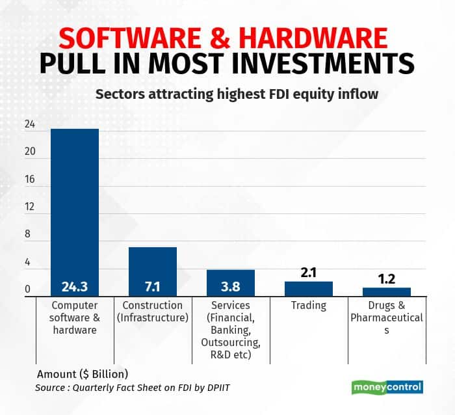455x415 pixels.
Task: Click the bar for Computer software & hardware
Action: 75,208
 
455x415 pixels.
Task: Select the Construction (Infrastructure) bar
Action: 153,270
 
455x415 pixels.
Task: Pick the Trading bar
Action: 309,289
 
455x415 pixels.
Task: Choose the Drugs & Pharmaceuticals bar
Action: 387,292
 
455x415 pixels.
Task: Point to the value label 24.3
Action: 75,287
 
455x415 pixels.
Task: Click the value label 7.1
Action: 153,287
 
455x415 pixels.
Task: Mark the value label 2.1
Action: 309,273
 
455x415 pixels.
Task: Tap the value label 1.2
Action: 387,279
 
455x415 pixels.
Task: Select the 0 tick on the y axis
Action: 28,290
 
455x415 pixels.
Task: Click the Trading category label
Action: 309,306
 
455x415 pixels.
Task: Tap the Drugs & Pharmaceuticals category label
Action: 387,317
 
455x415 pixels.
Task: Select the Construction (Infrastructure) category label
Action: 153,312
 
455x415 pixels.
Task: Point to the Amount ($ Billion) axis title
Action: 83,374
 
